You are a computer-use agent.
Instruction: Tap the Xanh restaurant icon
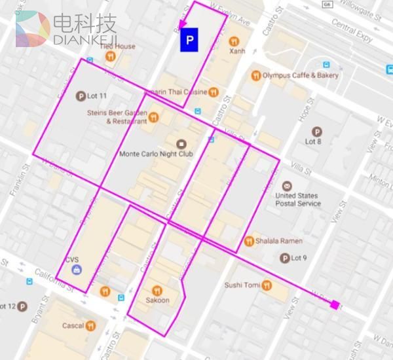234,41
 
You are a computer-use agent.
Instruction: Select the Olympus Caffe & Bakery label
301,75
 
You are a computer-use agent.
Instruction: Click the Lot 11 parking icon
81,96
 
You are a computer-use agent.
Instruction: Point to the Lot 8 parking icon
318,130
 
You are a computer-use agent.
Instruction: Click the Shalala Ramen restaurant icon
249,241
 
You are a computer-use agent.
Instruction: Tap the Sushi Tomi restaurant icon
267,285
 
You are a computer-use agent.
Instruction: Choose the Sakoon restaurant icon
157,291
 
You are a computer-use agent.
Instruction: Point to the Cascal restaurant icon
90,325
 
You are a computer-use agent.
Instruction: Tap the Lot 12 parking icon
22,306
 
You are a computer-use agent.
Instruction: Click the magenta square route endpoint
335,304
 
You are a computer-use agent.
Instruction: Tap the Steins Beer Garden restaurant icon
153,117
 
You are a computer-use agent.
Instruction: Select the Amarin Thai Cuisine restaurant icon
214,92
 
